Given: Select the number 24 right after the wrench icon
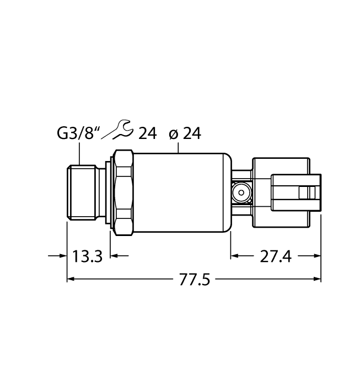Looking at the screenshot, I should pyautogui.click(x=147, y=133).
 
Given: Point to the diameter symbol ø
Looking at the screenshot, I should pyautogui.click(x=172, y=133).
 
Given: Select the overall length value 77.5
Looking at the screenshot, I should pyautogui.click(x=195, y=280).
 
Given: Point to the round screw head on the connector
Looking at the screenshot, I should pyautogui.click(x=241, y=192).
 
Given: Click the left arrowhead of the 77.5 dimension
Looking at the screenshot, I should pyautogui.click(x=71, y=280).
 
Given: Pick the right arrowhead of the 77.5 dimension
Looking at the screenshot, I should pyautogui.click(x=317, y=280).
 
